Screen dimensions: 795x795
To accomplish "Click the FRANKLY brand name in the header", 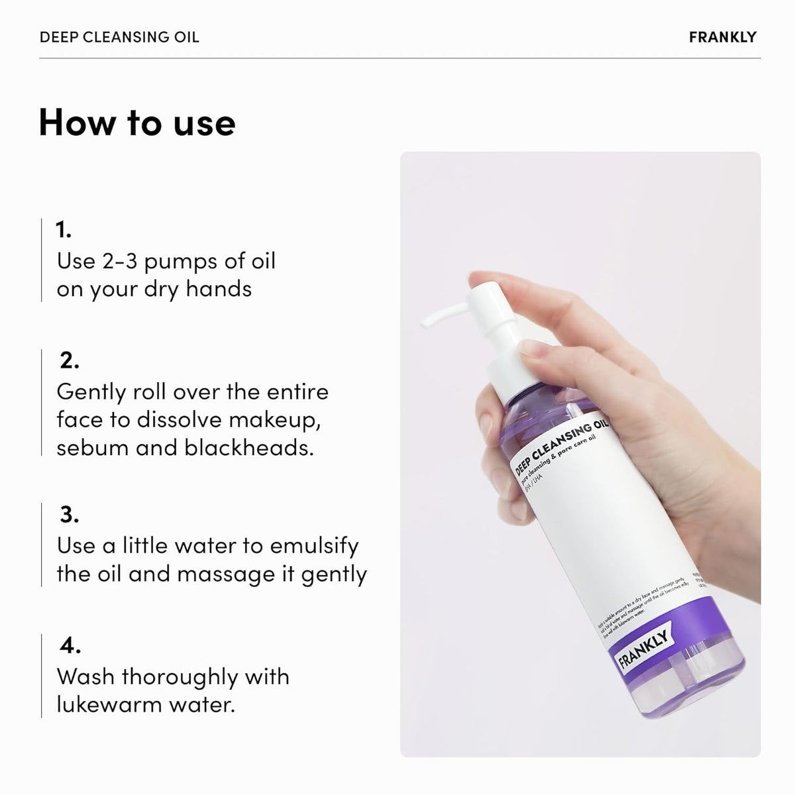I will (722, 37).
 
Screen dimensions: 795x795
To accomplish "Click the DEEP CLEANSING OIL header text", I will (119, 37).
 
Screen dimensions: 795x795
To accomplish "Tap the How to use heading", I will (137, 123).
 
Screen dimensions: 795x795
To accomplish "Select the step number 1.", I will (64, 231).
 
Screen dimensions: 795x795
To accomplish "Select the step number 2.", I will (69, 361).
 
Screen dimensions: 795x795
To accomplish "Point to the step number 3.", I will (69, 515).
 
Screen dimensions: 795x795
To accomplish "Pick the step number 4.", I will (70, 645).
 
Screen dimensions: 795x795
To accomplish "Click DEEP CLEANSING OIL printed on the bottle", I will (563, 443).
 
